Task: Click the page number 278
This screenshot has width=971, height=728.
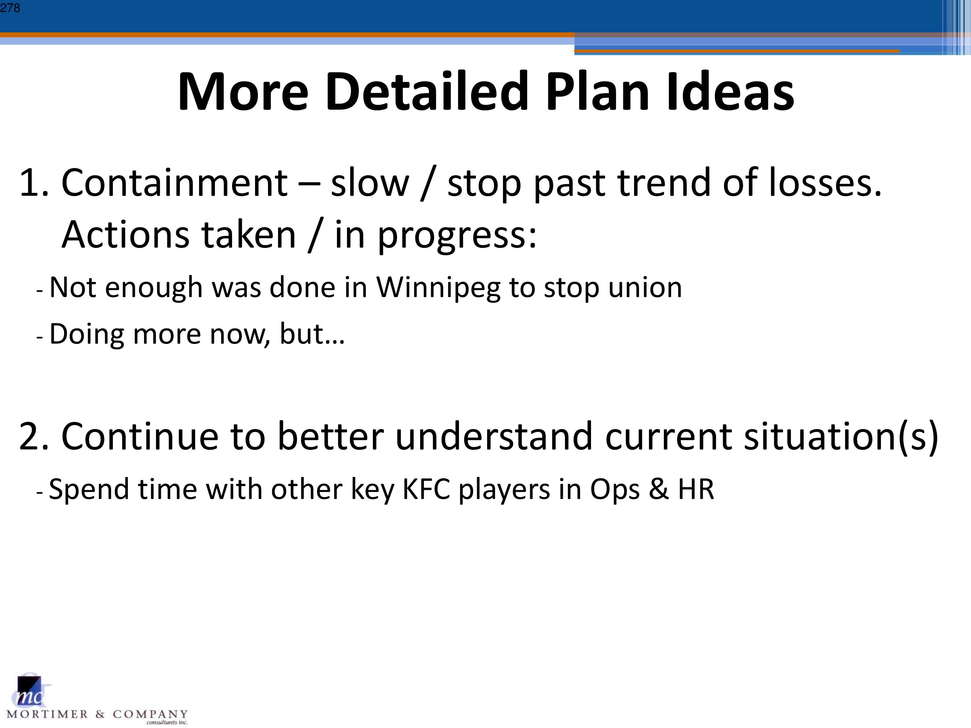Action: click(10, 8)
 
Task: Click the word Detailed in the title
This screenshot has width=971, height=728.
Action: click(426, 92)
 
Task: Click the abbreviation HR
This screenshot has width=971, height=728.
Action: click(696, 489)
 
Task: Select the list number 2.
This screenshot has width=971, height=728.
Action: click(34, 436)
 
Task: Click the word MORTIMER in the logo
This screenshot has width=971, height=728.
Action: click(47, 714)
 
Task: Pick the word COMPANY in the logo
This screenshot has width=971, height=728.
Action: click(150, 714)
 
